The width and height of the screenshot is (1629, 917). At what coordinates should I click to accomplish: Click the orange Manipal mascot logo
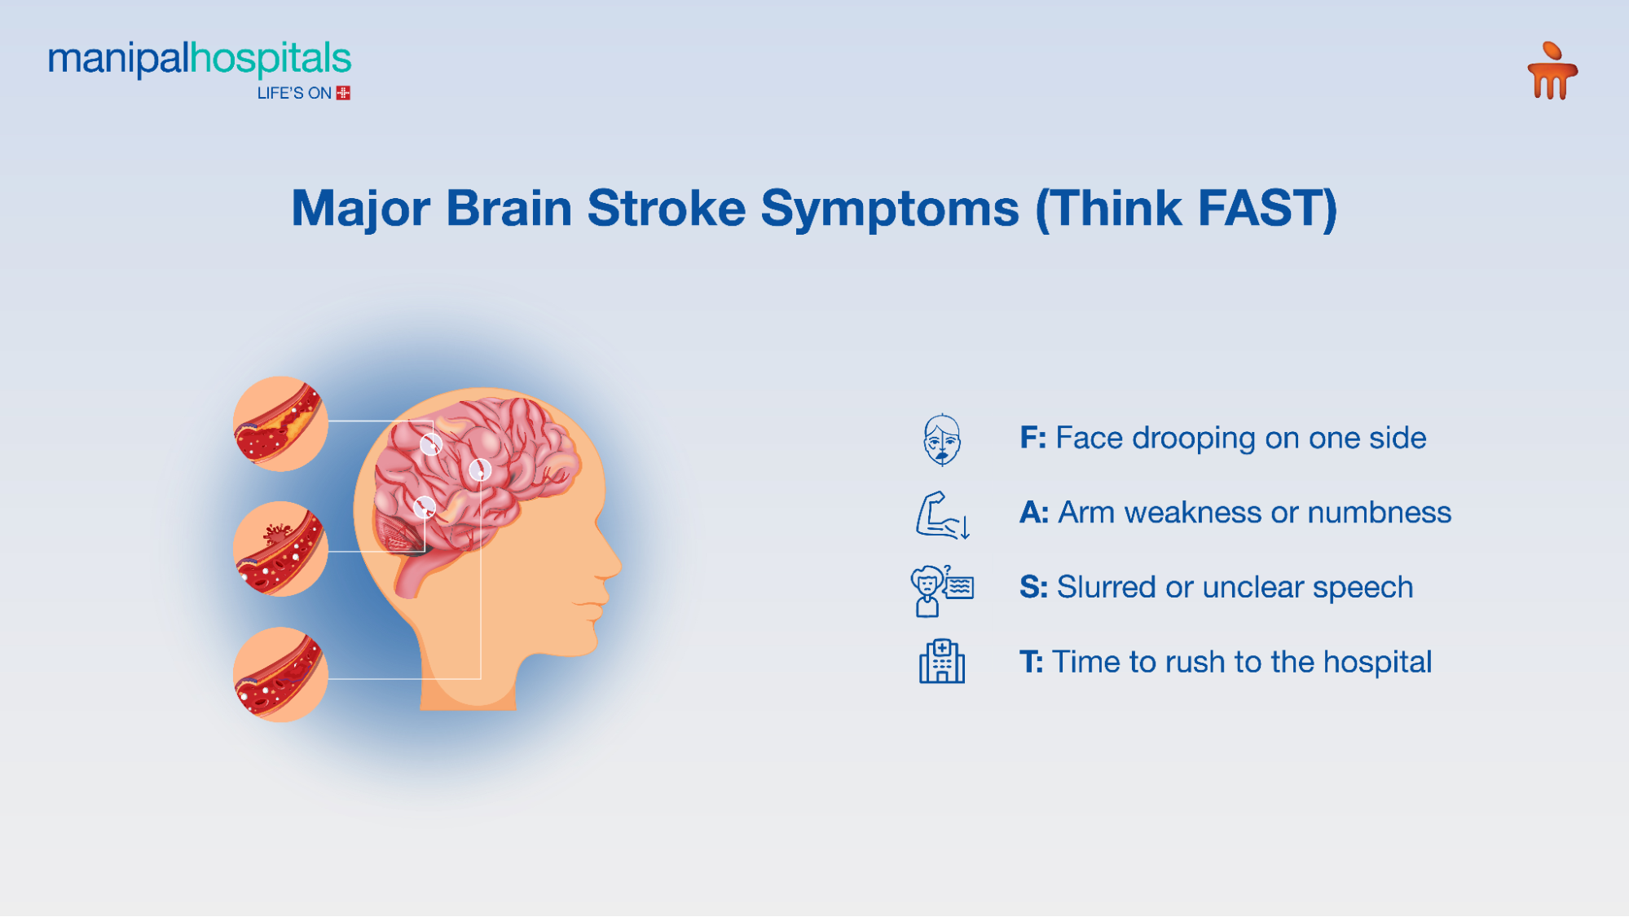pyautogui.click(x=1552, y=72)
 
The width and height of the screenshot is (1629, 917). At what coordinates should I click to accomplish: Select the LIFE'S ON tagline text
pyautogui.click(x=294, y=94)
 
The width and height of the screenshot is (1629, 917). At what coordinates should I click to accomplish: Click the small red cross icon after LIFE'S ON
pyautogui.click(x=344, y=93)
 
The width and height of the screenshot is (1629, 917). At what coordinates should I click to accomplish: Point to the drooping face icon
pyautogui.click(x=942, y=439)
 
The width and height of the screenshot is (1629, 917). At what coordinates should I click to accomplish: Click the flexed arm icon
pyautogui.click(x=941, y=515)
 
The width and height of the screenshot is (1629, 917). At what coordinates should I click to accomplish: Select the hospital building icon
pyautogui.click(x=942, y=662)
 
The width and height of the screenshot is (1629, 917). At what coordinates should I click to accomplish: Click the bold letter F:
pyautogui.click(x=1032, y=439)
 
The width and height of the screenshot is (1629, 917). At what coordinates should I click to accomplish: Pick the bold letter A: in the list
pyautogui.click(x=1033, y=513)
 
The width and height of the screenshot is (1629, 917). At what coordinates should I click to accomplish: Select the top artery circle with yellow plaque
pyautogui.click(x=280, y=424)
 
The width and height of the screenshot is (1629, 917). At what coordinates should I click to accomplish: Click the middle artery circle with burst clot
pyautogui.click(x=280, y=549)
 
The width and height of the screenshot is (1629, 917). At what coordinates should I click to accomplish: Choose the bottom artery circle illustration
pyautogui.click(x=280, y=674)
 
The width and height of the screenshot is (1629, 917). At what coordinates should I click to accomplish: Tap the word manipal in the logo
pyautogui.click(x=118, y=60)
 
